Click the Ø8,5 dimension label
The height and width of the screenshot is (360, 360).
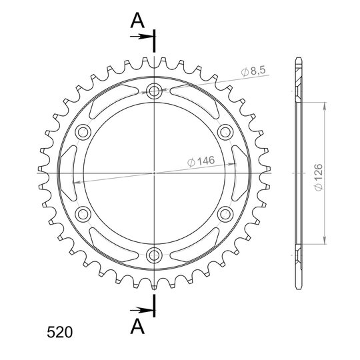[253, 71]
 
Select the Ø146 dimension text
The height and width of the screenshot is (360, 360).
[201, 161]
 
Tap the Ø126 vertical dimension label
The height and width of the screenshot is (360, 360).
[319, 177]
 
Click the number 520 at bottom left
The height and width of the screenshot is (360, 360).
[60, 332]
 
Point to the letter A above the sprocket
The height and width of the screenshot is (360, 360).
[137, 20]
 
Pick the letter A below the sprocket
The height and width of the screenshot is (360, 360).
[137, 326]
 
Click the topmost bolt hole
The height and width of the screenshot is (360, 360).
[154, 91]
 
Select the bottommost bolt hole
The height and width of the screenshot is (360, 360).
[154, 255]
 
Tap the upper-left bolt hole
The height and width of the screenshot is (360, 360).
[83, 132]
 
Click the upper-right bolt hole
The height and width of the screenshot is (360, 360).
[225, 132]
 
